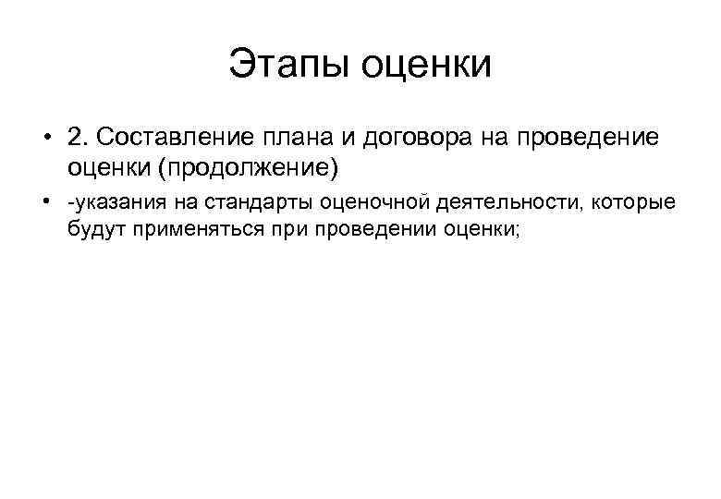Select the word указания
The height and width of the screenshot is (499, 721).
tap(107, 202)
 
